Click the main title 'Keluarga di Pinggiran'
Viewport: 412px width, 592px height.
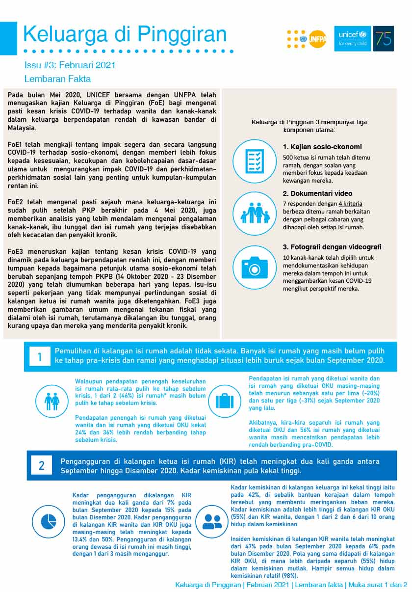tap(125, 34)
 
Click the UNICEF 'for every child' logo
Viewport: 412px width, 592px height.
tap(353, 38)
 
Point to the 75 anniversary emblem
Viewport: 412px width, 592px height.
tap(384, 38)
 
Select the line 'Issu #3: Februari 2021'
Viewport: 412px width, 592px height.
tap(70, 65)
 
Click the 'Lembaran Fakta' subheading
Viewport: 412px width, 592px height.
tap(57, 79)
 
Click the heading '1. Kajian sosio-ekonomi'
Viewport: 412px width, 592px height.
tap(322, 147)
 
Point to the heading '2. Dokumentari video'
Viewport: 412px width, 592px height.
tap(317, 193)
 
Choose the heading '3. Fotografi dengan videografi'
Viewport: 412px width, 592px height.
tap(332, 247)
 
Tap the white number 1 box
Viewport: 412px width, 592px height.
tap(40, 357)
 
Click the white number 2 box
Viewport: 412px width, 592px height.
tap(42, 465)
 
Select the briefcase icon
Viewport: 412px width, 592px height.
tap(225, 401)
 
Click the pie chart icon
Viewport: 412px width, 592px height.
tap(49, 521)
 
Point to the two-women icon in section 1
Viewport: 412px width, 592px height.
tap(52, 401)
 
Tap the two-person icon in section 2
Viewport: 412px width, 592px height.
tap(212, 521)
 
